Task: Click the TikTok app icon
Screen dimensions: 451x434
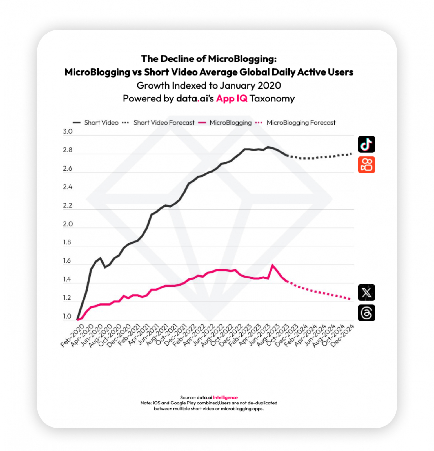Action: (x=366, y=144)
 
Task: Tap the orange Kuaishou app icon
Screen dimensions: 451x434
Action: (x=366, y=165)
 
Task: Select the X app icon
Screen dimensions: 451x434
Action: (x=366, y=292)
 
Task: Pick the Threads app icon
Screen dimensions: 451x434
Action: (x=366, y=313)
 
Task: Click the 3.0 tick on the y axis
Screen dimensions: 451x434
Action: (x=68, y=131)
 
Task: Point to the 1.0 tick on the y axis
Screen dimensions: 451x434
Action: (x=67, y=316)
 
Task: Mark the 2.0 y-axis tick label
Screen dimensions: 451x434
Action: (x=68, y=224)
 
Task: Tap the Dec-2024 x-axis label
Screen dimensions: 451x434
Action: (x=342, y=336)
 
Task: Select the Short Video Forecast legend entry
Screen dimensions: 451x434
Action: (x=164, y=123)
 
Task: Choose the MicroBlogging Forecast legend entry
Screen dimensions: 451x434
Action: (x=301, y=123)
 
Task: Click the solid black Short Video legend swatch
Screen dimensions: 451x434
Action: (x=77, y=123)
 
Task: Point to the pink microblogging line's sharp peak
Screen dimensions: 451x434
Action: (x=272, y=265)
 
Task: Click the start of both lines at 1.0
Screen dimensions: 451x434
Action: (x=77, y=320)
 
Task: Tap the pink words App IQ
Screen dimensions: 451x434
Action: (x=232, y=98)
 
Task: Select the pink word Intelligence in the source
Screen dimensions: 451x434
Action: (x=225, y=397)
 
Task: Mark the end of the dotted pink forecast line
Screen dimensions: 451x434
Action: (x=350, y=299)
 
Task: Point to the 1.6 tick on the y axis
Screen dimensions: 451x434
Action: (x=67, y=261)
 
